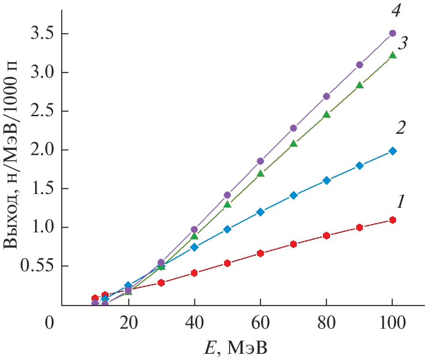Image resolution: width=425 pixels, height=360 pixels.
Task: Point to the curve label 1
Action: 400,203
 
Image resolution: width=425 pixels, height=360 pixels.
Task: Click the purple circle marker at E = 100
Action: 392,33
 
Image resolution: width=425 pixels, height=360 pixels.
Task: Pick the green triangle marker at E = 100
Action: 392,55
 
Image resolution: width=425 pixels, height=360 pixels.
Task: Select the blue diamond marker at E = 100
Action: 392,151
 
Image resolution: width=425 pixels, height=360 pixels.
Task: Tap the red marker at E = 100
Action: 392,220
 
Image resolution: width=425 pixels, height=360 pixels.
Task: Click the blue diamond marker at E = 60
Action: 260,212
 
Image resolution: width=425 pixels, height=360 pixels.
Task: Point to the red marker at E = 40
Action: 194,273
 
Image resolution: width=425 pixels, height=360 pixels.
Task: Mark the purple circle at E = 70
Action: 293,128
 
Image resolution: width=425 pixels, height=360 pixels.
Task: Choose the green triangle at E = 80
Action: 326,114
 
